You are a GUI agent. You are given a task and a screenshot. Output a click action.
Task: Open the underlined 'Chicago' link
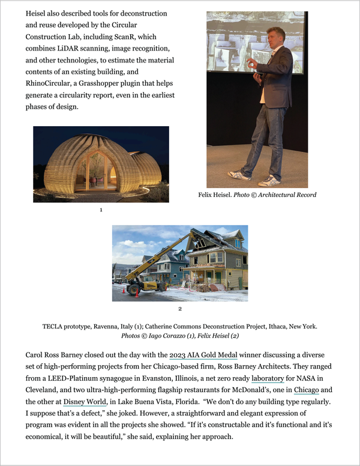coord(306,390)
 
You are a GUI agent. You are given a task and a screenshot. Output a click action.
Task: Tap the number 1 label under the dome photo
coord(101,210)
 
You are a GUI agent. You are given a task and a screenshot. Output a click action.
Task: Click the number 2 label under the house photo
coord(179,309)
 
